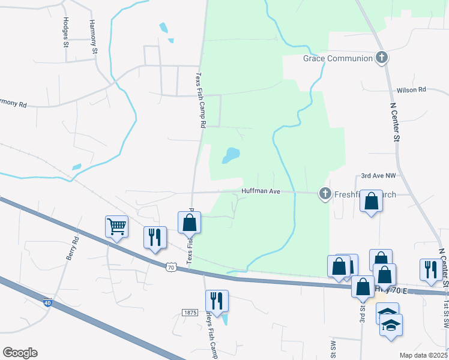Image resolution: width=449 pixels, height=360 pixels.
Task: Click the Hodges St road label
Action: [65, 31]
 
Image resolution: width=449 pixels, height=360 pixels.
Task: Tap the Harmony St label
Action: [93, 37]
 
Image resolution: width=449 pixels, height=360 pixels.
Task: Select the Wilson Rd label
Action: [411, 90]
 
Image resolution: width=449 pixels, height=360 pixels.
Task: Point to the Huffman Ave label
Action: [261, 191]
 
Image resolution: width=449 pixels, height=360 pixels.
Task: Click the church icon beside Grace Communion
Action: [381, 58]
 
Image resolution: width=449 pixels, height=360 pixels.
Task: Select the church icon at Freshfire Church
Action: [325, 193]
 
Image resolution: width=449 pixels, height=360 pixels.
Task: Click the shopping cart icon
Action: [116, 227]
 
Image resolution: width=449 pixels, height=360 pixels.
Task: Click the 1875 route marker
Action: [190, 313]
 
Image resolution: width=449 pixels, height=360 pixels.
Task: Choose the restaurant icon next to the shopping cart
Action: [155, 237]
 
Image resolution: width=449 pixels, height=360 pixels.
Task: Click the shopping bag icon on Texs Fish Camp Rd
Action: [190, 222]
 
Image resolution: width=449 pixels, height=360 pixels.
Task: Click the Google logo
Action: [20, 353]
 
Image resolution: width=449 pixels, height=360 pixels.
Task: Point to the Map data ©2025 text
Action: [423, 355]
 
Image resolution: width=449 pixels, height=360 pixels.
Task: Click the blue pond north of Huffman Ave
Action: [231, 155]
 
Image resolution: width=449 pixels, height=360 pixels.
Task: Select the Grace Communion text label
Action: [337, 58]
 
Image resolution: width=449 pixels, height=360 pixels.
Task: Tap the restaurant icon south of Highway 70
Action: [217, 301]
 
